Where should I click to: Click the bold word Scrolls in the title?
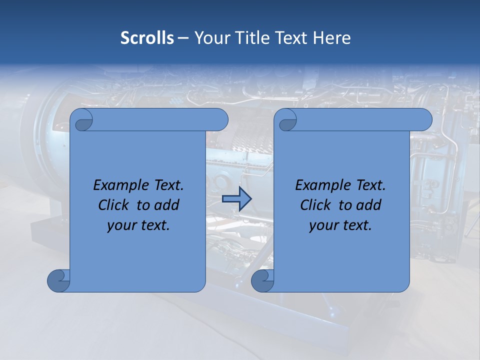(147, 38)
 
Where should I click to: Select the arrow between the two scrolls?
(236, 199)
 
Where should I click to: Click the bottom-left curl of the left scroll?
(58, 280)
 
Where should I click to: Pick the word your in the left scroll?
(120, 226)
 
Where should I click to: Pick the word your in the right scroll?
(322, 226)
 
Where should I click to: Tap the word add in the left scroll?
(167, 205)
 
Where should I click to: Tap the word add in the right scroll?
(369, 205)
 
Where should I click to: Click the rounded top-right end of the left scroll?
(220, 119)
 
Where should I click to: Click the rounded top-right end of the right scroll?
(424, 119)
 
